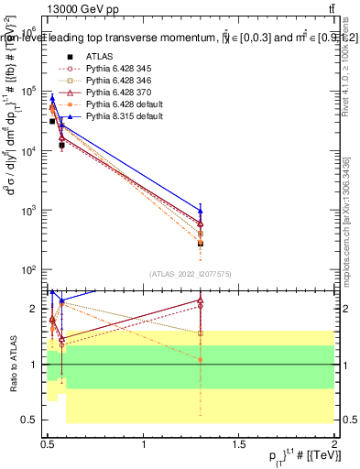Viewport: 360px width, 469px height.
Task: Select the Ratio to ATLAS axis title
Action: [x=13, y=364]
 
